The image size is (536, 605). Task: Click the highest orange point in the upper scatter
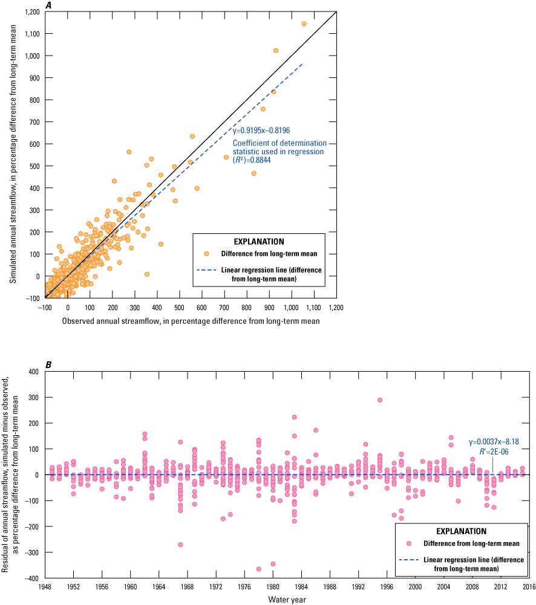pyautogui.click(x=304, y=24)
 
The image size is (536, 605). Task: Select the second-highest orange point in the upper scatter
pyautogui.click(x=276, y=50)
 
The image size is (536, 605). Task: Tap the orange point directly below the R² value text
pyautogui.click(x=253, y=173)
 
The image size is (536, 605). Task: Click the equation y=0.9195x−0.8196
pyautogui.click(x=261, y=130)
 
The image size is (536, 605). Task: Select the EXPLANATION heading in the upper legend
pyautogui.click(x=258, y=242)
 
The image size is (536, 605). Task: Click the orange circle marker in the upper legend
pyautogui.click(x=206, y=254)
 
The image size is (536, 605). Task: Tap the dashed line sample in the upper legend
pyautogui.click(x=206, y=270)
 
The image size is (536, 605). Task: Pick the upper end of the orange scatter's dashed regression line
pyautogui.click(x=302, y=63)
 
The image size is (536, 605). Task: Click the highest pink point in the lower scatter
pyautogui.click(x=380, y=400)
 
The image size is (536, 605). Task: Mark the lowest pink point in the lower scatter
pyautogui.click(x=258, y=569)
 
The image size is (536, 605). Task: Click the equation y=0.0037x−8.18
pyautogui.click(x=494, y=442)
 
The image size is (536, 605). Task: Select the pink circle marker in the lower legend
pyautogui.click(x=409, y=543)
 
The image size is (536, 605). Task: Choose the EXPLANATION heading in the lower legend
pyautogui.click(x=461, y=532)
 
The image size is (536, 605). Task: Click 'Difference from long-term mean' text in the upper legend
pyautogui.click(x=269, y=254)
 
